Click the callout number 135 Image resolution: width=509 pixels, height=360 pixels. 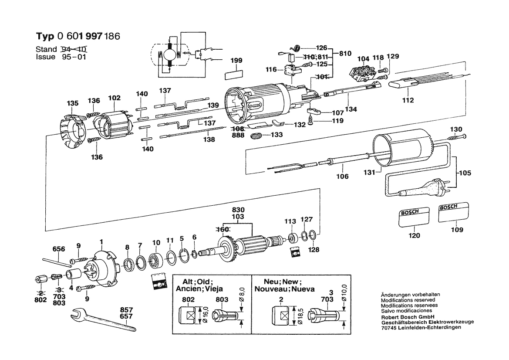[73, 103]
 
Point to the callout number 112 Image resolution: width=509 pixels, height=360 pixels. [408, 101]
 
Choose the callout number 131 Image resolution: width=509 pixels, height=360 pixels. [369, 172]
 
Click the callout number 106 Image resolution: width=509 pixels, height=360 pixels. [342, 177]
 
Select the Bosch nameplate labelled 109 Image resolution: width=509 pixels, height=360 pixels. [454, 213]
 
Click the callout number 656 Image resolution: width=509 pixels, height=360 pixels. [59, 249]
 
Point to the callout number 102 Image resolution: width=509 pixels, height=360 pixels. [114, 98]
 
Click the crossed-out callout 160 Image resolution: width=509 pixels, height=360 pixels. [223, 229]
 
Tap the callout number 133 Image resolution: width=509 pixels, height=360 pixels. [276, 135]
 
